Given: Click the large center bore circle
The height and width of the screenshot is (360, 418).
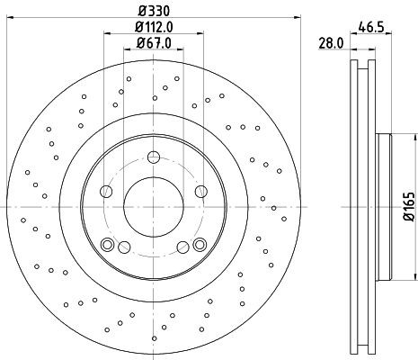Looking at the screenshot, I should coord(153,202).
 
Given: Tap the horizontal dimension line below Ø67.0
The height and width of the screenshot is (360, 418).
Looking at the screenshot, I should coord(153,50).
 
